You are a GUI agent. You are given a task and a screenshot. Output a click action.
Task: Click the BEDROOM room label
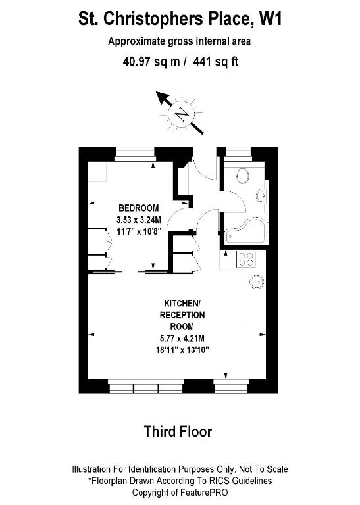pyautogui.click(x=139, y=208)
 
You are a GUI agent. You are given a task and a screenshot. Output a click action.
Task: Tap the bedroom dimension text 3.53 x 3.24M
pyautogui.click(x=139, y=220)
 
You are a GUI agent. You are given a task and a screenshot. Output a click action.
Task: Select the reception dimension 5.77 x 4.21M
pyautogui.click(x=182, y=339)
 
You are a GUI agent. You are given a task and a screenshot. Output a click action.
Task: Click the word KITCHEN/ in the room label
pyautogui.click(x=182, y=303)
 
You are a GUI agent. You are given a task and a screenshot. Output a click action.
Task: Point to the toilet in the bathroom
pyautogui.click(x=242, y=176)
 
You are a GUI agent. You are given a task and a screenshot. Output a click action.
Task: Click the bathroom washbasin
pyautogui.click(x=261, y=196)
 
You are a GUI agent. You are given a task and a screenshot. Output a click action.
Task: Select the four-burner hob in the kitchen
pyautogui.click(x=247, y=258)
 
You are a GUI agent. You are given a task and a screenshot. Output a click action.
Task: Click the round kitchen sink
pyautogui.click(x=257, y=282)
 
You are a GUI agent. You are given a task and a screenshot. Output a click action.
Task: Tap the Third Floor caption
pyautogui.click(x=178, y=432)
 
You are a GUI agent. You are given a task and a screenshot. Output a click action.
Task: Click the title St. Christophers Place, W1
pyautogui.click(x=180, y=18)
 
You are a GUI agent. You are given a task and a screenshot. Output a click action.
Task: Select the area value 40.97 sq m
pyautogui.click(x=151, y=62)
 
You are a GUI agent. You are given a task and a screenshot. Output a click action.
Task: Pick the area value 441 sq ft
pyautogui.click(x=216, y=62)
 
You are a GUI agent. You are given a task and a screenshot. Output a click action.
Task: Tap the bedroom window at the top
pyautogui.click(x=135, y=155)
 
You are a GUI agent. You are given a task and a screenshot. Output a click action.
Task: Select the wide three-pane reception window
pyautogui.click(x=145, y=387)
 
